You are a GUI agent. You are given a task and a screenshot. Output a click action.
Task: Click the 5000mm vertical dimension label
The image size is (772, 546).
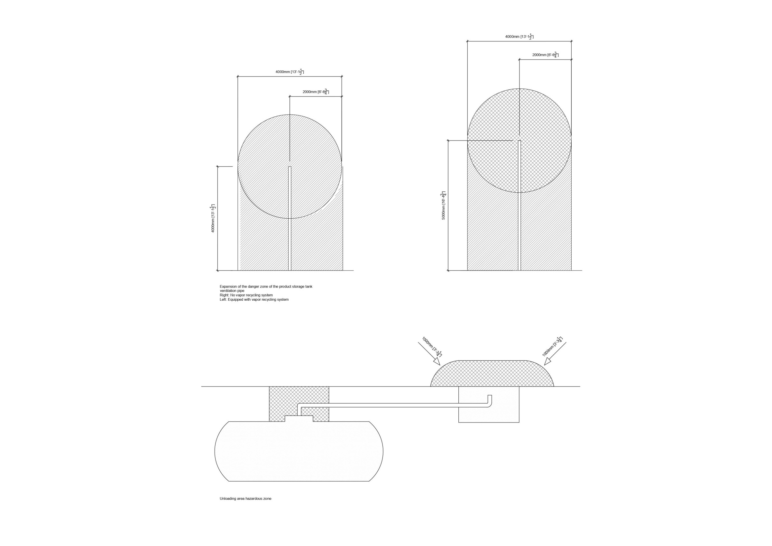point(444,205)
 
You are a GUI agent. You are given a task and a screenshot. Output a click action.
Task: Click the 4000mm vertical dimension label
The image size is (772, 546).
point(213,218)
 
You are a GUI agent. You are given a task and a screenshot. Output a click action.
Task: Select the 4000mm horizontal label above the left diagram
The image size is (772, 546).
point(290,72)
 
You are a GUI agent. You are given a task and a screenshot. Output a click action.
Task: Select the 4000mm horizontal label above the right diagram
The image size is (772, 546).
point(519,37)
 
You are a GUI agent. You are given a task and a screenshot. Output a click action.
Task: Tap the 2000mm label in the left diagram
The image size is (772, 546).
point(316,92)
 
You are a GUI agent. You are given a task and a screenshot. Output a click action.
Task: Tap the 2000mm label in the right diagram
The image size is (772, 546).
point(545,55)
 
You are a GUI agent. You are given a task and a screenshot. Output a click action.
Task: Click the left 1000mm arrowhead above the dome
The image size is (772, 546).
point(437,361)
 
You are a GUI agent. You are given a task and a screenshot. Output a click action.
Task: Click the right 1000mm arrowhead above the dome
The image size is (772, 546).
point(548,361)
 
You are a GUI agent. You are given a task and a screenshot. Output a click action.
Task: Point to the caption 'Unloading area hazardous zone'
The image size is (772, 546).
point(245,508)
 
